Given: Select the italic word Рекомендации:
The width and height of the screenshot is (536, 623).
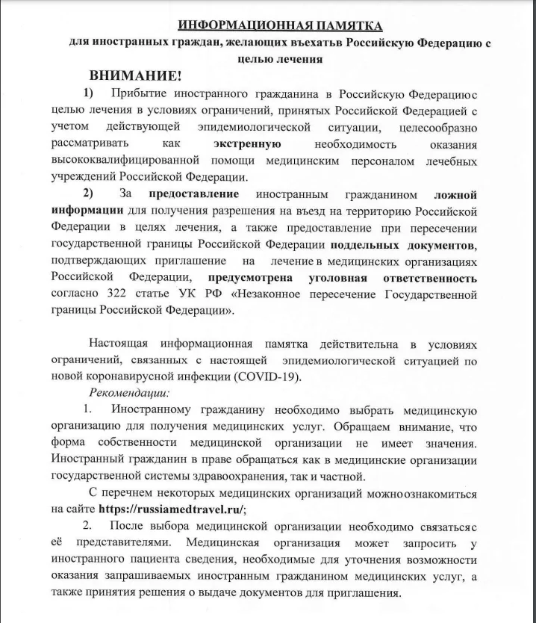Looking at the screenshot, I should coord(129,392).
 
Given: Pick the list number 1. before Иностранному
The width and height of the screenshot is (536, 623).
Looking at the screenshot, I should coord(87,410).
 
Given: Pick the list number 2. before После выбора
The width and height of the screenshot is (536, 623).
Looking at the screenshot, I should coord(87,526).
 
